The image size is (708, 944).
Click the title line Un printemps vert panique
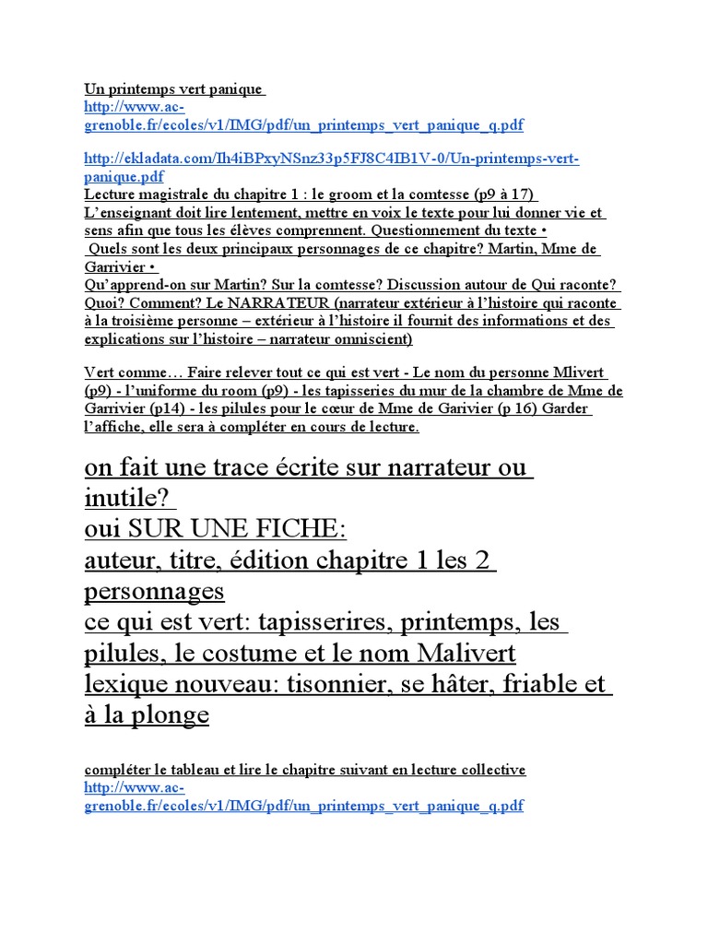(173, 89)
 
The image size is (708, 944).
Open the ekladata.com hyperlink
(331, 159)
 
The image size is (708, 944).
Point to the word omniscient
(368, 338)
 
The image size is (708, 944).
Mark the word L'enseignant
(131, 213)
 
